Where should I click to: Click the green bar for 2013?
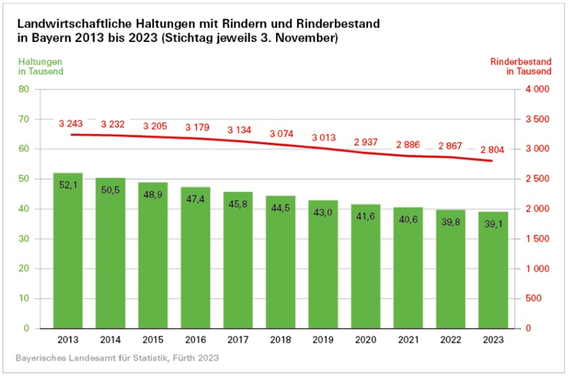point(68,251)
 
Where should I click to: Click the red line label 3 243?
point(71,123)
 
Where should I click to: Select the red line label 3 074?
point(281,133)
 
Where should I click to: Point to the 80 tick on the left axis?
point(24,89)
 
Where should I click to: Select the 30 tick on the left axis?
point(24,238)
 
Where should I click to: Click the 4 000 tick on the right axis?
point(536,89)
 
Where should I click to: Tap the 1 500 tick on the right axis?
point(536,238)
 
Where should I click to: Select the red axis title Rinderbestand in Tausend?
point(521,66)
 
